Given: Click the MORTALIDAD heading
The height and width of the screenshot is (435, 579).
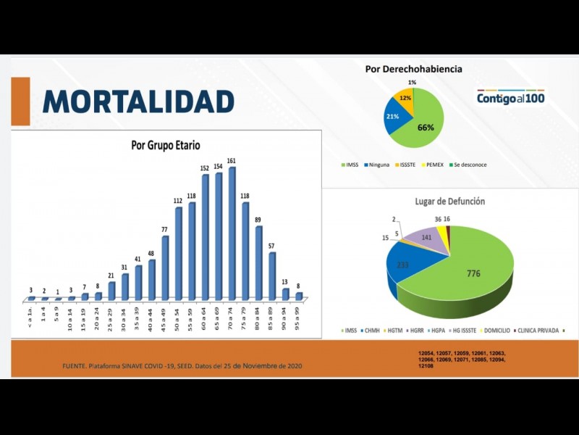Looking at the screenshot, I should click(138, 101).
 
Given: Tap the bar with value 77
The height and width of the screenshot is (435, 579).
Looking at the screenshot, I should click(166, 268).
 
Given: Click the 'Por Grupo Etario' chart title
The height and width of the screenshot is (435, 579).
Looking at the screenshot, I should click(165, 145).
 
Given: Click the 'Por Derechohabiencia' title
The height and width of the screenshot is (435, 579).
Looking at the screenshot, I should click(413, 69).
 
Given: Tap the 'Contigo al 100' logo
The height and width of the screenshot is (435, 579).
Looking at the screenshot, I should click(510, 97).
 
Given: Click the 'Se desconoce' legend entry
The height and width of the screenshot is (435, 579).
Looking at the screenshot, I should click(470, 165).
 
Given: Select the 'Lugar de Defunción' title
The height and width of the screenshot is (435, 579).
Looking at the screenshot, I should click(449, 201).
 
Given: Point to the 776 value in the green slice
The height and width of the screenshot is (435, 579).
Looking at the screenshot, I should click(473, 273).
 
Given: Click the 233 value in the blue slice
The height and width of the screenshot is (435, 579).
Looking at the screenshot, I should click(402, 265).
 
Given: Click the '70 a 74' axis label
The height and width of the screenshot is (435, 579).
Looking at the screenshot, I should click(232, 317).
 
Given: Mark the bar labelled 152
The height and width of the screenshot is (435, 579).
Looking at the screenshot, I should click(206, 237).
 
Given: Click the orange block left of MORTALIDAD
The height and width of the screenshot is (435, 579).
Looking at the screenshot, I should click(21, 101).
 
